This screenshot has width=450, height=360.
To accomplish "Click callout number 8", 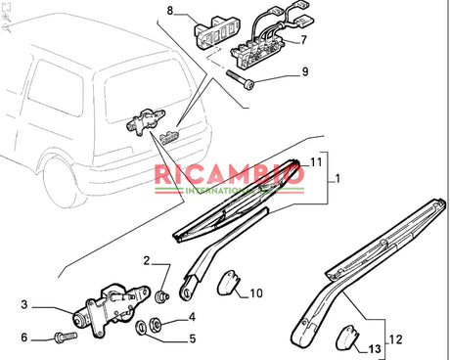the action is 168,11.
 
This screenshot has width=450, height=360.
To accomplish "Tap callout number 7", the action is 302,40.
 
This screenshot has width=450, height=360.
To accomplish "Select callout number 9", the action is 304,72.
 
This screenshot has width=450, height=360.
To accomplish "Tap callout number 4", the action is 192,316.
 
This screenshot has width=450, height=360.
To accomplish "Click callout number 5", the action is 192,338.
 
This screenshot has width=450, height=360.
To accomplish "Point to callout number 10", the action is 255,292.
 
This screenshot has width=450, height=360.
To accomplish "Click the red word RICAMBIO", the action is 230,176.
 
